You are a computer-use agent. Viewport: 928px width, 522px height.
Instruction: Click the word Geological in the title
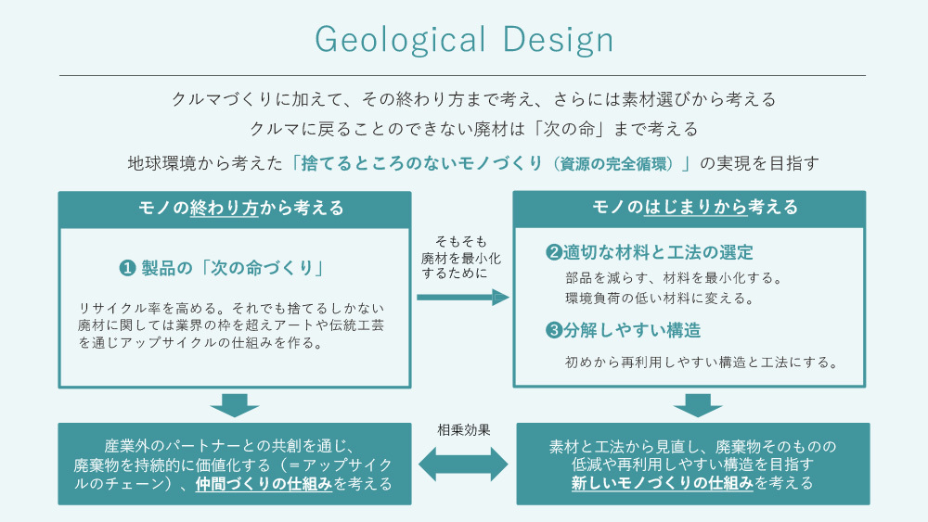(400, 40)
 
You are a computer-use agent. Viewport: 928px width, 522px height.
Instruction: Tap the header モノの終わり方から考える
(234, 207)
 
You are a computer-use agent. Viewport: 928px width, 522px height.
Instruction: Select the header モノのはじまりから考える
(690, 207)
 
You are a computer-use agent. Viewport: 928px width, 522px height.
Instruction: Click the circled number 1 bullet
(128, 269)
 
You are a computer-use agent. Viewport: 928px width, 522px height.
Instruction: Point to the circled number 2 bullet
(554, 252)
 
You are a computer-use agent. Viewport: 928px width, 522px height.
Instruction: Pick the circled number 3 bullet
(554, 330)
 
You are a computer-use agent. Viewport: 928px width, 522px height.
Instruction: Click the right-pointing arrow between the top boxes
(462, 297)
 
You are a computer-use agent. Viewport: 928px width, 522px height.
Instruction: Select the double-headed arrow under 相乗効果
(464, 463)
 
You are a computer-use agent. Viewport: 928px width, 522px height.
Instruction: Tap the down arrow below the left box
(234, 405)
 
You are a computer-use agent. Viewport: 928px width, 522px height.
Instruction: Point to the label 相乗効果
(464, 430)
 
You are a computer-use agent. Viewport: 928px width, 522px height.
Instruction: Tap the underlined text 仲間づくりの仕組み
(264, 483)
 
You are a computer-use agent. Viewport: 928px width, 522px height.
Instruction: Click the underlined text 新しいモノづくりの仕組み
(661, 483)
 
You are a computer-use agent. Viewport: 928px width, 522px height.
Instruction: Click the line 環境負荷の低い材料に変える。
(659, 299)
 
